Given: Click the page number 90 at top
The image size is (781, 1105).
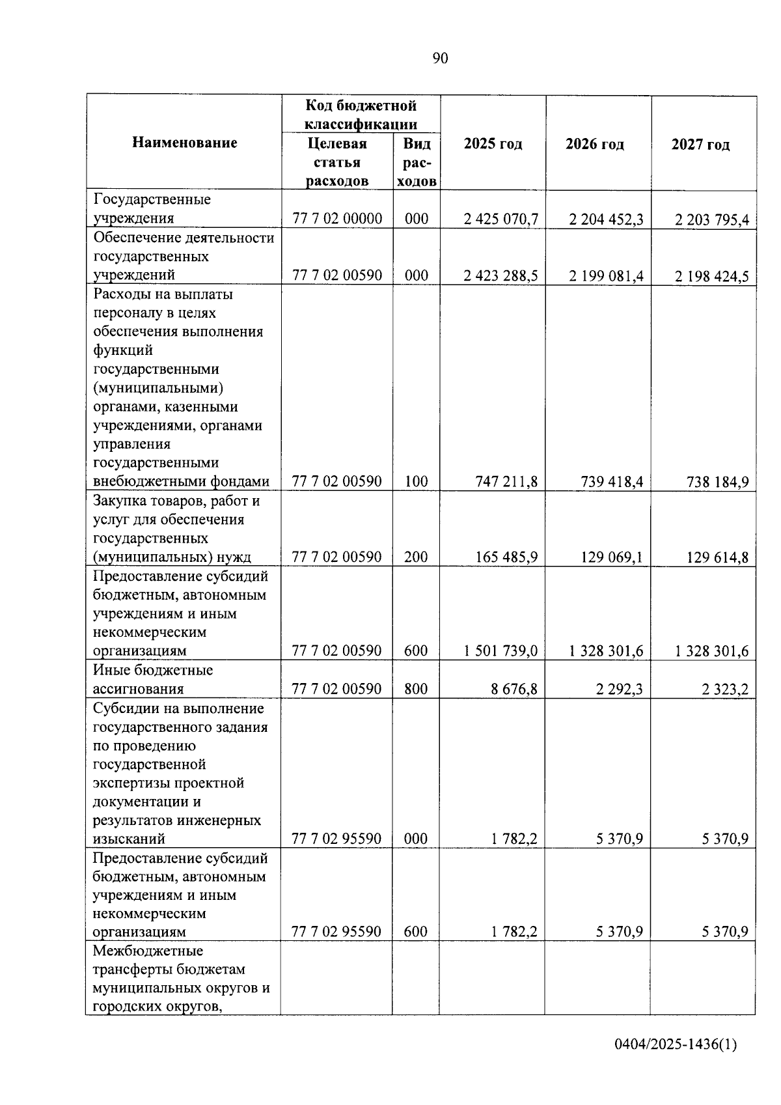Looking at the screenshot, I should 440,59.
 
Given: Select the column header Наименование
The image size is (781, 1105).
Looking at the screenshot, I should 185,143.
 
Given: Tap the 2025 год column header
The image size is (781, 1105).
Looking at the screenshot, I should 493,144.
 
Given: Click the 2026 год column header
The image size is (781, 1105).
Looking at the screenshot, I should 595,144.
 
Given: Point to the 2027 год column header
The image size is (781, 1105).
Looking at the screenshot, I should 700,145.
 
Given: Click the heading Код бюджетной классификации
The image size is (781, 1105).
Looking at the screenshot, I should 361,115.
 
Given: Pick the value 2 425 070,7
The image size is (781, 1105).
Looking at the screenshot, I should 500,219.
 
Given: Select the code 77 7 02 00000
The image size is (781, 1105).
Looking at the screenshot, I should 337,219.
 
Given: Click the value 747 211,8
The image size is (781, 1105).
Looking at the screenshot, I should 506,482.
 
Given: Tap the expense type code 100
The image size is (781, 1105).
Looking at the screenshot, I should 416,482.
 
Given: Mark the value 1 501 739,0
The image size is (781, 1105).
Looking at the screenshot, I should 500,651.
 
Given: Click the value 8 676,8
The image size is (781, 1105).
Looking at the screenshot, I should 514,689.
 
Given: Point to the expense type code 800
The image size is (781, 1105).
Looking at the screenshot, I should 416,689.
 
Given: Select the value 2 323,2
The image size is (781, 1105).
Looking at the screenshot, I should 725,690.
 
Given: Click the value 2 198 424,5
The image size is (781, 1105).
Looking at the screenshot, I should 712,276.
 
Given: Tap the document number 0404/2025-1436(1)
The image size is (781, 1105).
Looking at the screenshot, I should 676,1045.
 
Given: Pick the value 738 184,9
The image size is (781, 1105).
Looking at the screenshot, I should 718,483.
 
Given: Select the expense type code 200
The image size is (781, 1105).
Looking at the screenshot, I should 416,557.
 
